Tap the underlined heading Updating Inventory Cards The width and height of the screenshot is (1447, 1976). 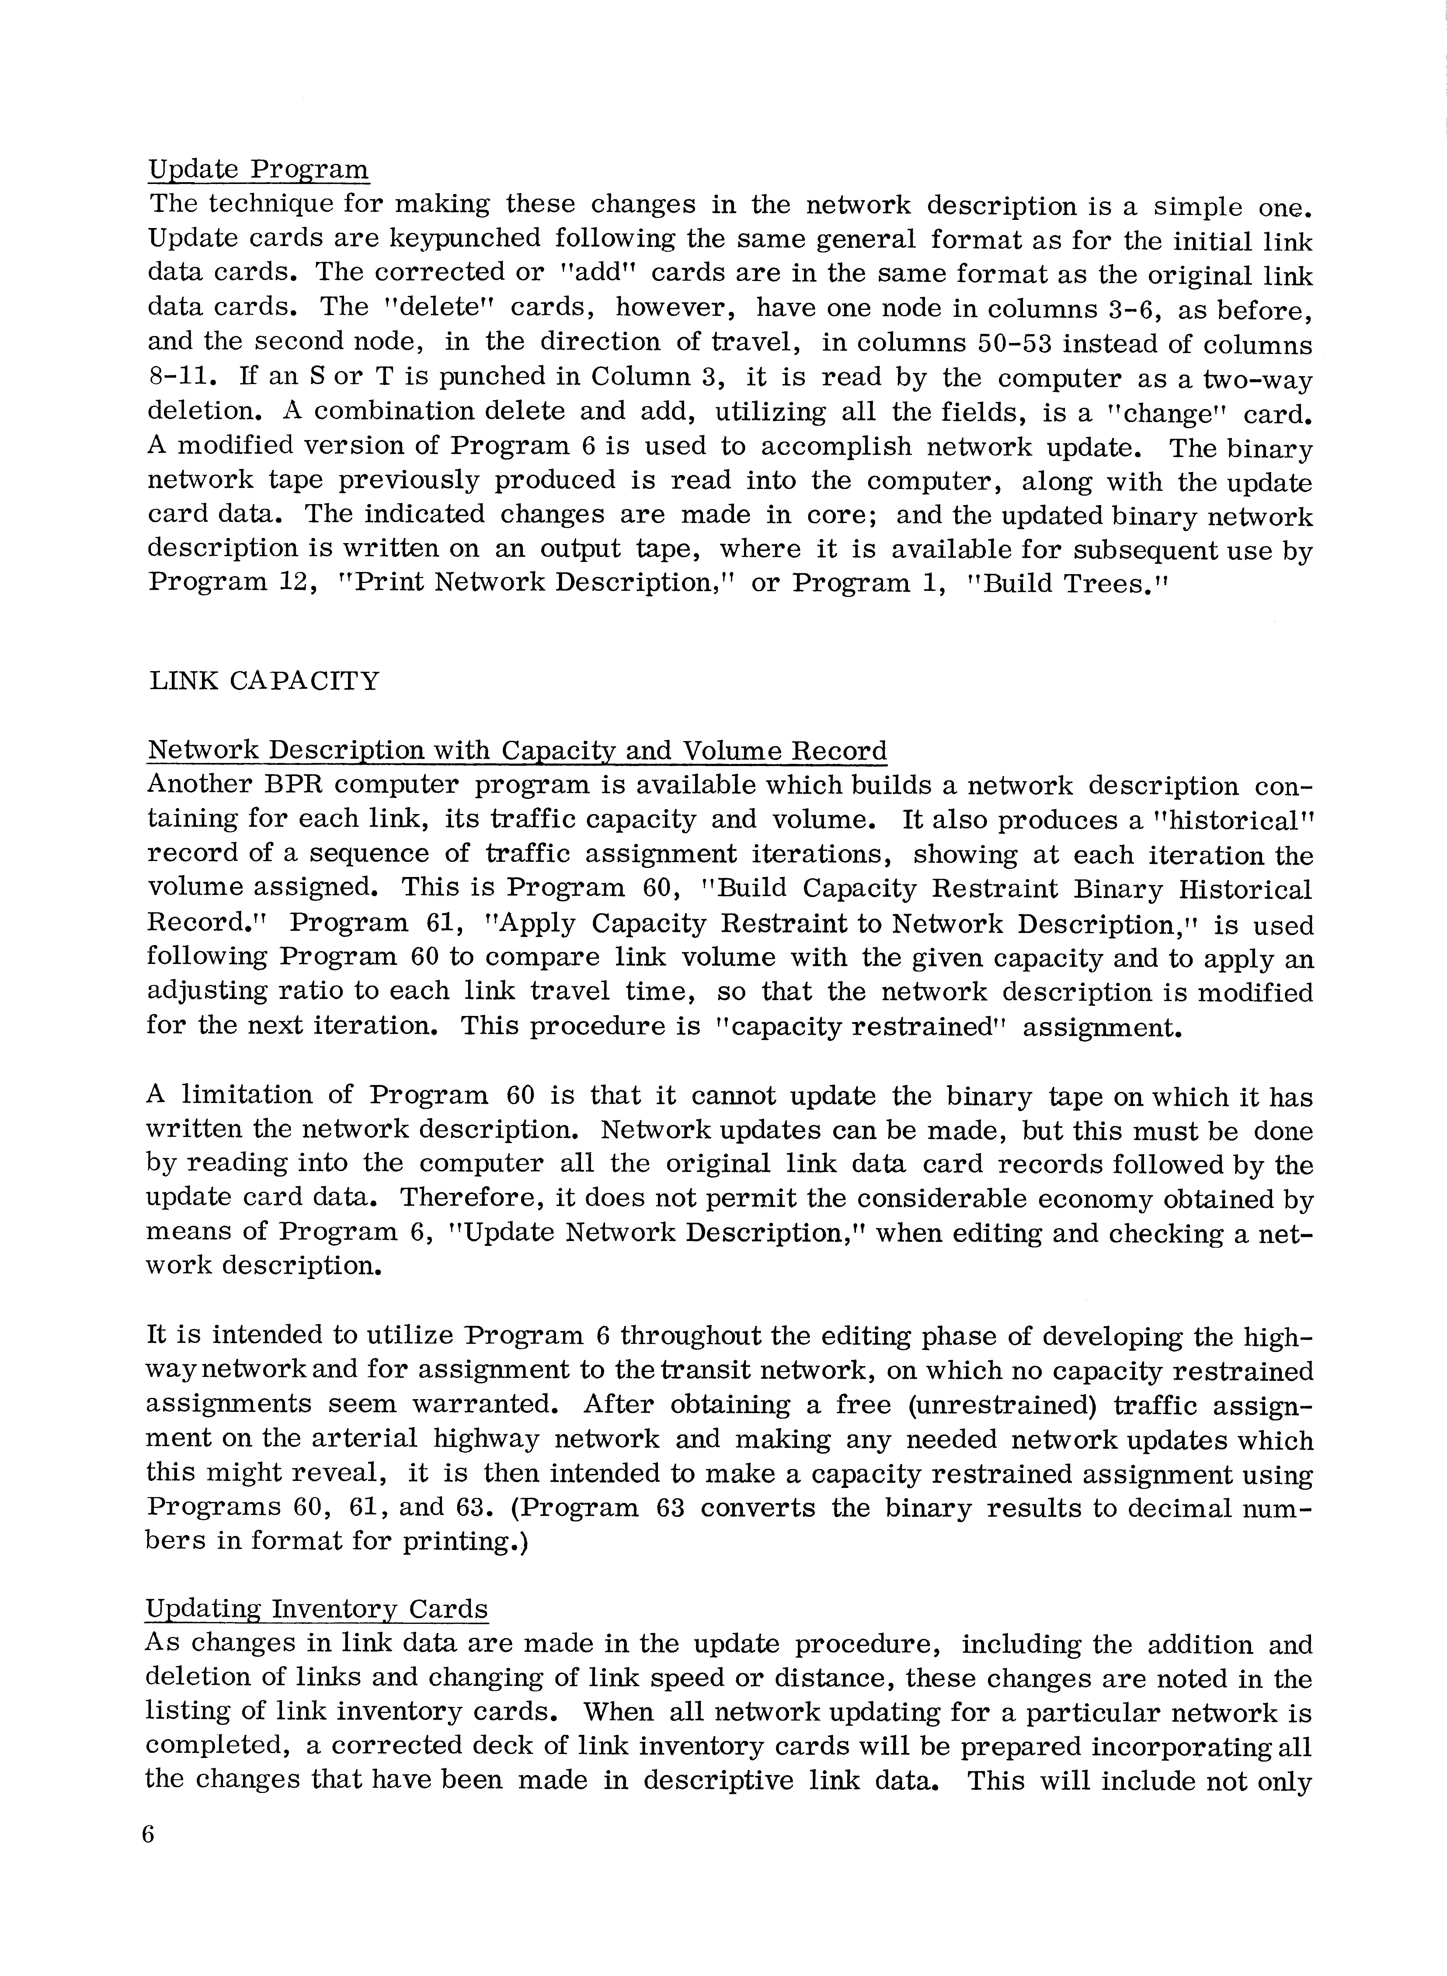(x=316, y=1609)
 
